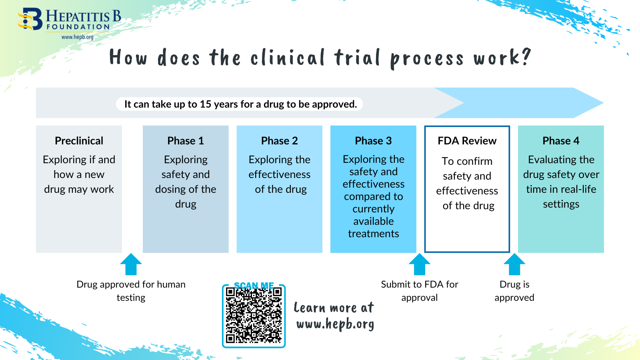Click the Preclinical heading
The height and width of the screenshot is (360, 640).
(x=79, y=141)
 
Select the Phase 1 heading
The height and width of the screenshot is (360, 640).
(x=186, y=141)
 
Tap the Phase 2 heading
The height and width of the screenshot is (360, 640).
(x=279, y=141)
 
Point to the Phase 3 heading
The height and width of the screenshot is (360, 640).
(x=373, y=141)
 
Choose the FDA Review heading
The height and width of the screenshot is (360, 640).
(x=467, y=141)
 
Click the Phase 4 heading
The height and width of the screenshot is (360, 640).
(x=561, y=141)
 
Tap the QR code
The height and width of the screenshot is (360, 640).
(x=254, y=316)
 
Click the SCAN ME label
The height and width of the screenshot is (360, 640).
(x=254, y=286)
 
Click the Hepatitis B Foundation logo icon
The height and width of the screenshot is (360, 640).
(x=30, y=19)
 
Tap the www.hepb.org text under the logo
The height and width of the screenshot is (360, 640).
(x=77, y=37)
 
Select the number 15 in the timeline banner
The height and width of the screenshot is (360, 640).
(x=205, y=104)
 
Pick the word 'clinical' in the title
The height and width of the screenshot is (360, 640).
(x=288, y=58)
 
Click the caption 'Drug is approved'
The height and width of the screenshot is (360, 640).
(x=514, y=291)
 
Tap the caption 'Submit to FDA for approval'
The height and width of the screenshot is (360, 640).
(x=420, y=291)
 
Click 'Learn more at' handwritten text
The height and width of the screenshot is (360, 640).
(x=334, y=308)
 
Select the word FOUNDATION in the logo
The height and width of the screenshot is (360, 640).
(x=78, y=27)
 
